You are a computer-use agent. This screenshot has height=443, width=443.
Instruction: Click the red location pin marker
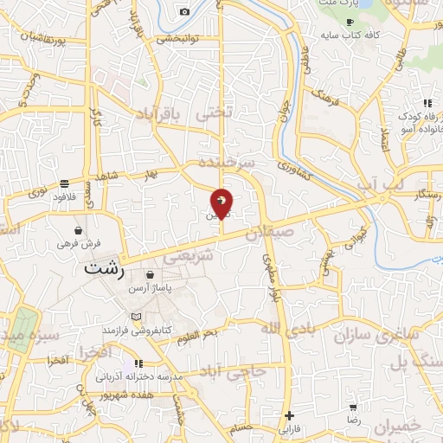click(x=222, y=202)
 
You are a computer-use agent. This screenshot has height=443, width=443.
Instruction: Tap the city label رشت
click(x=106, y=269)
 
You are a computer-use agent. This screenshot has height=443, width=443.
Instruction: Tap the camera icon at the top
click(x=184, y=11)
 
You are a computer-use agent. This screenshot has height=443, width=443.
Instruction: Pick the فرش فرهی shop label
click(x=80, y=244)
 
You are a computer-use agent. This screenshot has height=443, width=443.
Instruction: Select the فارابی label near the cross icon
click(x=287, y=427)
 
